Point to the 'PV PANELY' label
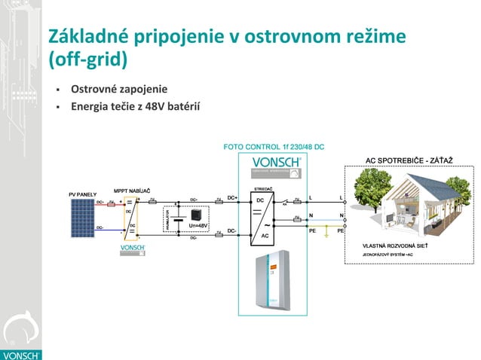click(x=82, y=194)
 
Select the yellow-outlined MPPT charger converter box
click(x=130, y=218)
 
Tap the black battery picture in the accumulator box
click(x=197, y=213)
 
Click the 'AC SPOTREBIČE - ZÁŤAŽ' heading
click(x=404, y=161)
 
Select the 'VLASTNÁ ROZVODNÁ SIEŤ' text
click(x=395, y=246)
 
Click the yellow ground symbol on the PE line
click(x=326, y=235)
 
